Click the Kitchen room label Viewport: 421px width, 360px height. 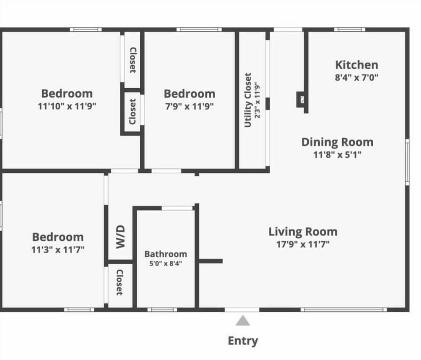coord(356,65)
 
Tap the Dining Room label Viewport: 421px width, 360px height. coord(337,142)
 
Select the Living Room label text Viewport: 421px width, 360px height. coord(303,232)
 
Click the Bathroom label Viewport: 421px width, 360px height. coord(165,254)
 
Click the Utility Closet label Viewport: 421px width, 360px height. coord(248,100)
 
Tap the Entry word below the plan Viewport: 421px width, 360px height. coord(243,341)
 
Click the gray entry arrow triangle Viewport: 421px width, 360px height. coord(243,321)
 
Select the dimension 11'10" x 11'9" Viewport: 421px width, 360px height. coord(67,106)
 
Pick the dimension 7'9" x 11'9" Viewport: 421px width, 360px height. coord(189,106)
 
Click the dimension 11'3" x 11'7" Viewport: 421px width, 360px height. coord(58,250)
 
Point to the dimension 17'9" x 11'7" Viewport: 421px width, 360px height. coord(303,244)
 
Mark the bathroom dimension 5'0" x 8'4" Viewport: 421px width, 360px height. coord(165,264)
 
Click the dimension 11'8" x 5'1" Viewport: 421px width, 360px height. coord(337,154)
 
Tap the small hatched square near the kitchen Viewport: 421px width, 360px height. coord(301,99)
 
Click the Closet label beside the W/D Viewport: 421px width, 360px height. coord(119,282)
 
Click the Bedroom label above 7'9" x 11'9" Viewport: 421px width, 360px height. coord(189,93)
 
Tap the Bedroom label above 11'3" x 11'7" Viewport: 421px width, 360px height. coord(58,237)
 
